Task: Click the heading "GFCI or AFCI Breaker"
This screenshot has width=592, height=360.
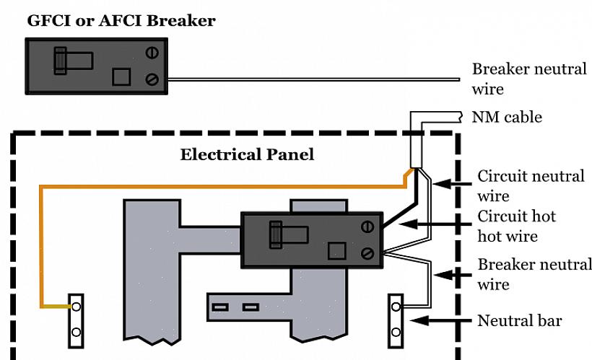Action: tap(121, 20)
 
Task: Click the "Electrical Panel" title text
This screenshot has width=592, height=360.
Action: tap(247, 154)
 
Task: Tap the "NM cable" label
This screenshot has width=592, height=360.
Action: tap(507, 117)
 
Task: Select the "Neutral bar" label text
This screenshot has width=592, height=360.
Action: tap(520, 320)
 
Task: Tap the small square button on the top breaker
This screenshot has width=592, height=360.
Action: tap(121, 76)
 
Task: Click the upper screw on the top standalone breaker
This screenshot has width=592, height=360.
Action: tap(152, 52)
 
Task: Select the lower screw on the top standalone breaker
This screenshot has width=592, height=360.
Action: tap(152, 79)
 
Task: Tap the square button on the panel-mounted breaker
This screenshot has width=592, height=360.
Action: tap(336, 251)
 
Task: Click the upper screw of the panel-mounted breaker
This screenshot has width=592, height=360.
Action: tap(367, 227)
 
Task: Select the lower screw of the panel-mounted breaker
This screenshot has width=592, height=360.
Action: tap(367, 253)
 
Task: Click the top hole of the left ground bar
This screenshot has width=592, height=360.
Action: tap(75, 307)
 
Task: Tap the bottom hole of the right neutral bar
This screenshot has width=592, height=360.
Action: tap(396, 333)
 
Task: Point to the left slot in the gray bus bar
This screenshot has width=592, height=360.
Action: tap(220, 307)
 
